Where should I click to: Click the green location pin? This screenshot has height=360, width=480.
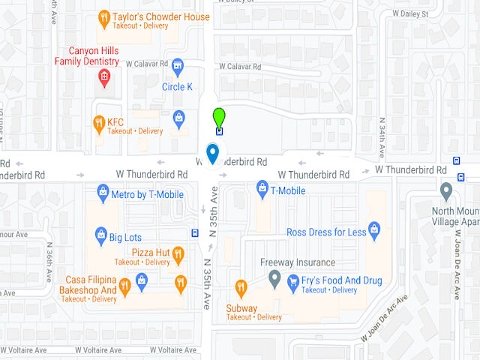(218, 118)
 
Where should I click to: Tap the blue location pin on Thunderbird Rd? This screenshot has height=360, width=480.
(213, 153)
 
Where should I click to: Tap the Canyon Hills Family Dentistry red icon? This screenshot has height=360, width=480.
(104, 76)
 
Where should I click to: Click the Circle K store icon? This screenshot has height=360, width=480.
(178, 67)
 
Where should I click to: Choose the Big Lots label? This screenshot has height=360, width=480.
(125, 238)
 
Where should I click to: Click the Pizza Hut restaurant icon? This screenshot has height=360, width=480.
(178, 255)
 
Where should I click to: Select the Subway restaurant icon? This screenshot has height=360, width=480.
(241, 287)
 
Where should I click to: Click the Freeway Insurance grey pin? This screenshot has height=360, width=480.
(274, 280)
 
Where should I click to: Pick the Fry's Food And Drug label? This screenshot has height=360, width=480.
(341, 280)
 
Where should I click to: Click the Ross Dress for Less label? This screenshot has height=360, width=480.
(326, 232)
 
